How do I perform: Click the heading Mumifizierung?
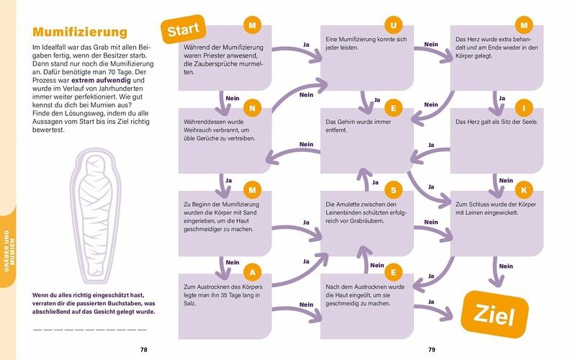point(80,32)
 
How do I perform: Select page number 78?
point(144,350)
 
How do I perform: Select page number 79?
point(432,350)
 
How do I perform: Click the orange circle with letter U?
point(393,26)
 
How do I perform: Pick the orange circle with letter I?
point(525,109)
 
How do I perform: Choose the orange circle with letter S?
point(393,190)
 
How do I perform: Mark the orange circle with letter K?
point(525,190)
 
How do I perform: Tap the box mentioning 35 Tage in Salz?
point(225,298)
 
